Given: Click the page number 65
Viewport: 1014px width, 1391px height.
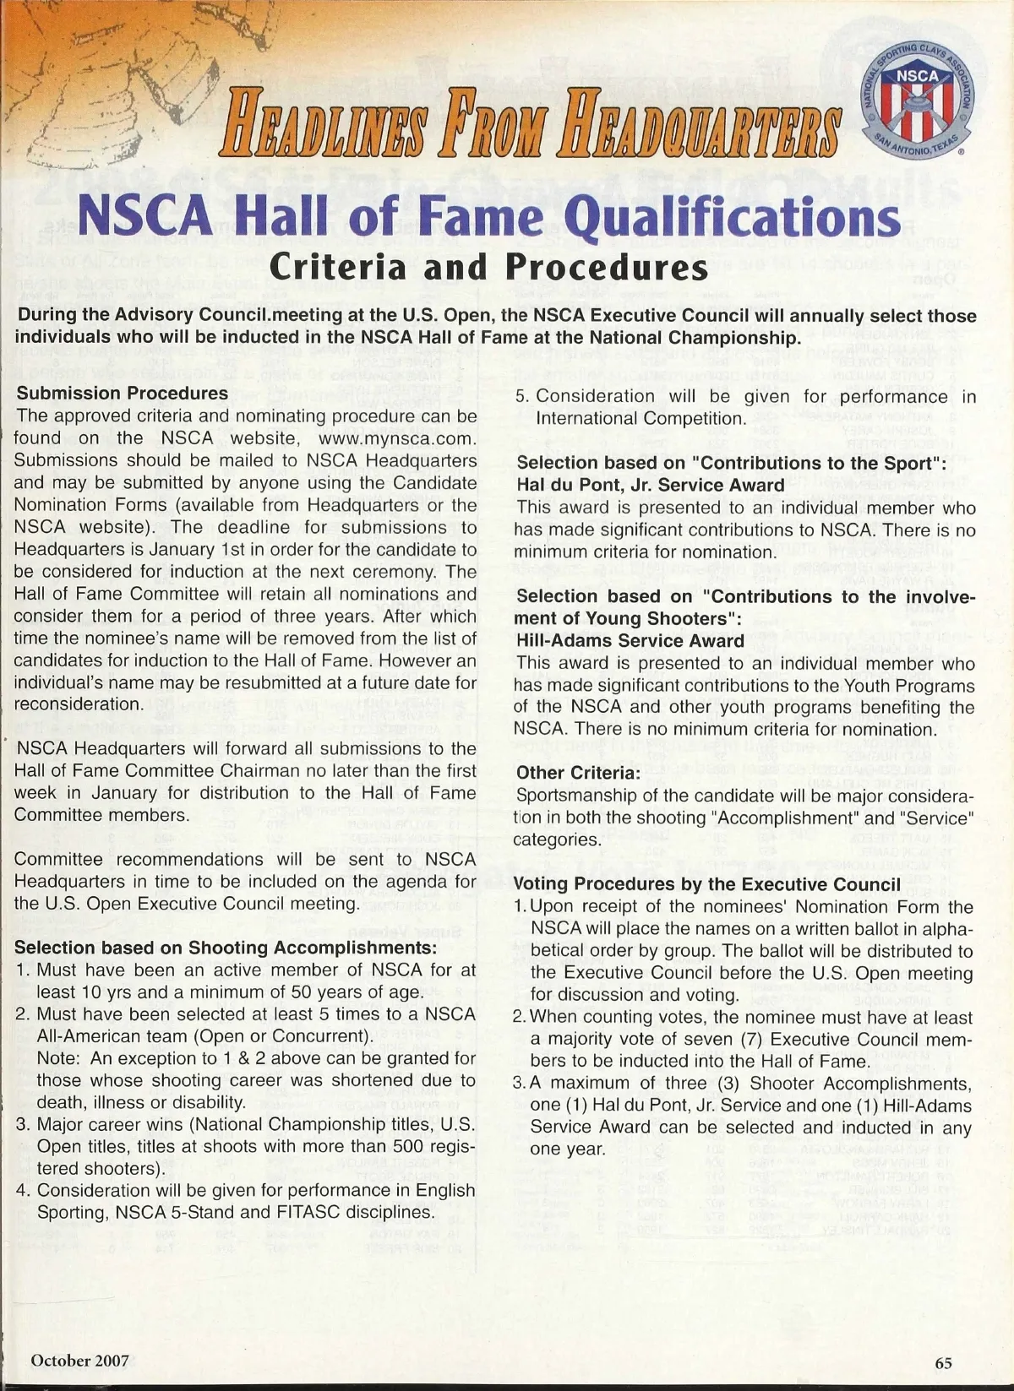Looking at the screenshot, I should pos(943,1362).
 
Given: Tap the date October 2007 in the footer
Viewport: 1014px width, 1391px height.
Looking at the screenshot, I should pos(79,1360).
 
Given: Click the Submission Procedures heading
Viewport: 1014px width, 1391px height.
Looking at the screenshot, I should pos(123,393).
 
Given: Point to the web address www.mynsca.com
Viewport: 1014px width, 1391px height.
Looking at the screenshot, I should pos(398,438).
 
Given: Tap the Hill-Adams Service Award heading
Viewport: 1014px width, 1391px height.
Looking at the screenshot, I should pos(630,640).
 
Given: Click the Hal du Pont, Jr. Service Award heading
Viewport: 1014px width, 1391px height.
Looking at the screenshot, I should pos(651,485).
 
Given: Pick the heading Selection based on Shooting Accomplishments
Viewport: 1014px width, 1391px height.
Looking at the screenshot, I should pos(226,948).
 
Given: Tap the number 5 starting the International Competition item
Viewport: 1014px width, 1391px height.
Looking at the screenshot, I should pos(521,396).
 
